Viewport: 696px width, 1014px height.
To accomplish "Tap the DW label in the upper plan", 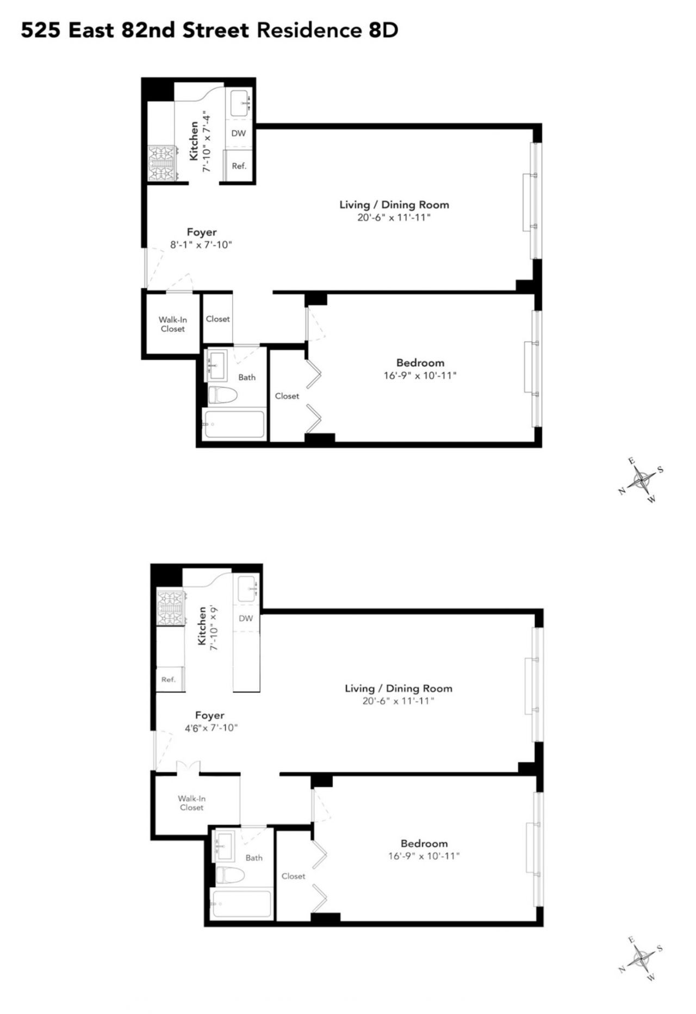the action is pos(239,133).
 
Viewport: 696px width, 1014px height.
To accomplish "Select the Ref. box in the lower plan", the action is pos(170,679).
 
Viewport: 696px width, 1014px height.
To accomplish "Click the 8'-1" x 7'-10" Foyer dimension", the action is pos(201,245).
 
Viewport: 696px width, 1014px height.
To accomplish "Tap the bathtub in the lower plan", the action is pos(241,903).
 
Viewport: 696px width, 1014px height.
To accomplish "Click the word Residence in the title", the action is pos(308,30).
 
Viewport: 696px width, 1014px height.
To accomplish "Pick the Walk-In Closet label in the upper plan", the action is pos(172,324).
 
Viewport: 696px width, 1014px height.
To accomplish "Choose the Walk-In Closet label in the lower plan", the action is pos(191,803).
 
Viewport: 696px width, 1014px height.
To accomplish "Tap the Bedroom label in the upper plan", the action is pos(420,363).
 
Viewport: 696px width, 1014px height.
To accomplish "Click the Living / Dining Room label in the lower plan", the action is pos(399,688).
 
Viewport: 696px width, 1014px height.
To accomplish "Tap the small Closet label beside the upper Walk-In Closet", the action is pos(217,319).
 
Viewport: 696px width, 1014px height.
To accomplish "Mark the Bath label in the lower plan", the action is pos(254,858).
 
